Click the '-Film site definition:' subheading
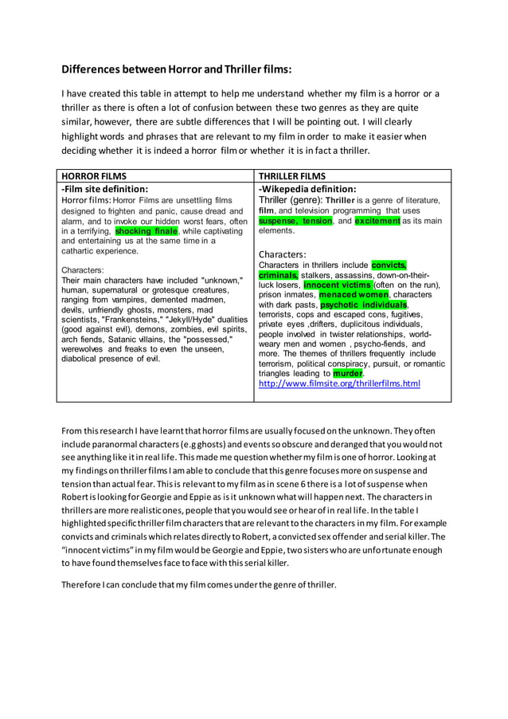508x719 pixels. (x=105, y=189)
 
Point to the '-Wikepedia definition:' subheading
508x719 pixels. (x=307, y=189)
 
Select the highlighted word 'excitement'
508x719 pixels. (x=377, y=221)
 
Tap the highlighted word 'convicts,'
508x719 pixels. (x=389, y=265)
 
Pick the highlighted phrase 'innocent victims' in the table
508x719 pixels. (x=337, y=285)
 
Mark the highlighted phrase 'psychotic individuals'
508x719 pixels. (x=363, y=304)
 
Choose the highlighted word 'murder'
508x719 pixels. (x=347, y=373)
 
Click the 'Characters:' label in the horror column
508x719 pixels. (x=82, y=270)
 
